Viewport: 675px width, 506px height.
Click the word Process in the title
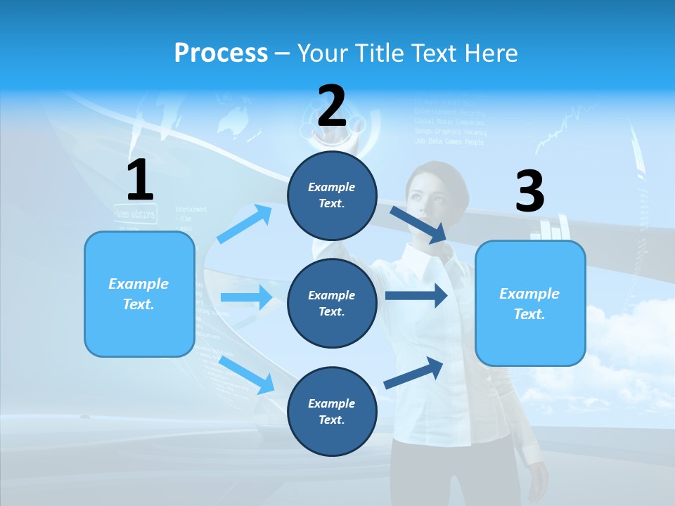tap(221, 53)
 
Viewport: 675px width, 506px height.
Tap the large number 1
tap(140, 181)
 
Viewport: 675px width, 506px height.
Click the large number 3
tap(529, 192)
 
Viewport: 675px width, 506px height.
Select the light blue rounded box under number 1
tap(139, 294)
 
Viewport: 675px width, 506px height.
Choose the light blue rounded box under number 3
tap(530, 303)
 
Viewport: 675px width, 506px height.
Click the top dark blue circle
tap(332, 195)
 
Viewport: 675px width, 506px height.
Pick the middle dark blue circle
tap(332, 303)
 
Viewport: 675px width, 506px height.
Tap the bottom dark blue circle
tap(332, 411)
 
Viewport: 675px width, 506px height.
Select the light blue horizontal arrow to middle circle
tap(246, 297)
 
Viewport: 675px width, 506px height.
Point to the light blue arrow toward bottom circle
tap(247, 375)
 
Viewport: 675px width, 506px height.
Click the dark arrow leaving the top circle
tap(418, 224)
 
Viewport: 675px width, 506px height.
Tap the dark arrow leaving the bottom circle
tap(414, 372)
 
